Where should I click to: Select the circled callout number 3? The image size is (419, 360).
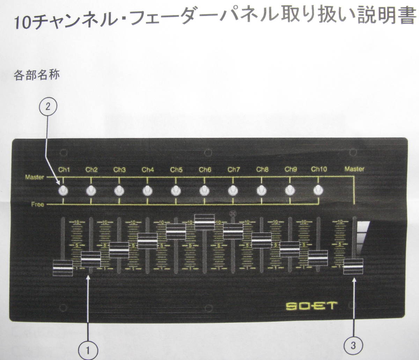point(353,346)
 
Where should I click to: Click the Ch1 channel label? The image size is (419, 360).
point(64,170)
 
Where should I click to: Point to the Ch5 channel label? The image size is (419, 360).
point(176,170)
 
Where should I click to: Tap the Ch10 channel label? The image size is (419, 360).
point(319,169)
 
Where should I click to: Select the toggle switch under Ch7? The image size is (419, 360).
point(233,190)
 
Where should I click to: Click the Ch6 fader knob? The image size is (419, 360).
point(204,222)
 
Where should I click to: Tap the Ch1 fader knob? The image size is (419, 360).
point(63,268)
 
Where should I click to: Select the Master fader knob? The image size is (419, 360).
point(353,266)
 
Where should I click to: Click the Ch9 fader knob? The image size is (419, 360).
point(289,249)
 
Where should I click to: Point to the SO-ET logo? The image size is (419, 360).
point(310,306)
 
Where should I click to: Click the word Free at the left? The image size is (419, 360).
point(37,204)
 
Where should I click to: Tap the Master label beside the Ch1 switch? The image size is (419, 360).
point(35,177)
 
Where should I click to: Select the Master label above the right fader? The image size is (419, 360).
point(354,169)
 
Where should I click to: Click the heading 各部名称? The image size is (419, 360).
point(36,75)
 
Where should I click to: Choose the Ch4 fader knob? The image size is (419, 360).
point(148,241)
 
